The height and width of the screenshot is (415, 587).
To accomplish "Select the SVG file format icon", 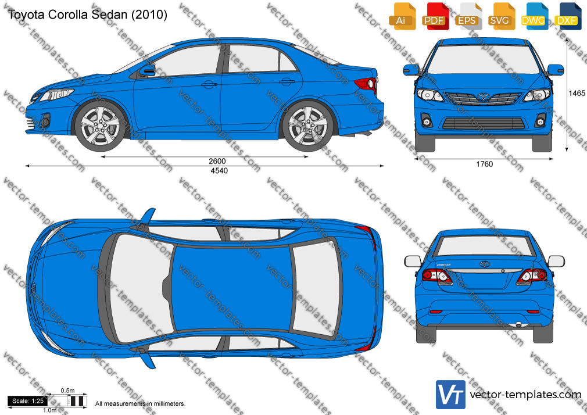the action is click(500, 16).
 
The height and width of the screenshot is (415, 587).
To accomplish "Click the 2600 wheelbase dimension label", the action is click(217, 161).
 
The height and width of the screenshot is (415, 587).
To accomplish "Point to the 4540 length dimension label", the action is click(219, 171).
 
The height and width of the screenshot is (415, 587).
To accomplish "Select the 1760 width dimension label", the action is click(485, 164).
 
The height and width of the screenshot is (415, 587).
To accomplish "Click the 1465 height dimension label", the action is click(577, 93).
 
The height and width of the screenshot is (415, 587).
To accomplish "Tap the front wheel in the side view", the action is click(101, 126).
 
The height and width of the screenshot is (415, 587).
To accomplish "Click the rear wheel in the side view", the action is click(307, 126).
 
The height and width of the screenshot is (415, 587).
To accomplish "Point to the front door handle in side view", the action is click(209, 85).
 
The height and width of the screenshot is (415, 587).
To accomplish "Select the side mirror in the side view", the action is click(148, 70).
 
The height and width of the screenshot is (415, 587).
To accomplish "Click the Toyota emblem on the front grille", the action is click(484, 96).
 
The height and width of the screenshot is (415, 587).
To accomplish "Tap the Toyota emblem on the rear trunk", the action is click(485, 264).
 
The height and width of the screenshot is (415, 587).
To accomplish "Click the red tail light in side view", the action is click(366, 84).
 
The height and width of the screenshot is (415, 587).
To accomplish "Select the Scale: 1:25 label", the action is click(28, 401).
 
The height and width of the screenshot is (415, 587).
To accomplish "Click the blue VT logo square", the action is click(450, 395).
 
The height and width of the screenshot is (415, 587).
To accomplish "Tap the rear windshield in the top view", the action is click(317, 287).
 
